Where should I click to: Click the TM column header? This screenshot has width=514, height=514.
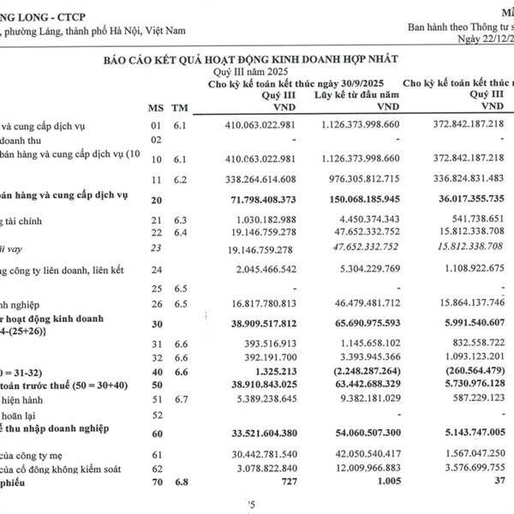coord(179,107)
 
